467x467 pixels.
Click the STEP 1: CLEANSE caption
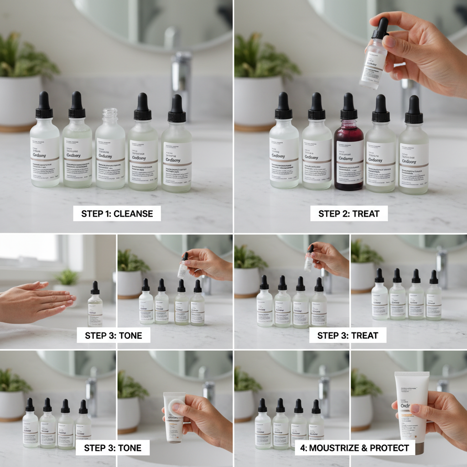[117, 213]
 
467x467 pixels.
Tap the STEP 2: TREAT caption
[349, 213]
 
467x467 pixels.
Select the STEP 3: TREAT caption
[348, 336]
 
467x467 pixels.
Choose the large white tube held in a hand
[411, 406]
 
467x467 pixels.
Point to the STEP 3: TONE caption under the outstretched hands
[113, 336]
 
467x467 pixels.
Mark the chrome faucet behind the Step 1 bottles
[182, 78]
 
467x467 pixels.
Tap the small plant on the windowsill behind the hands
[67, 277]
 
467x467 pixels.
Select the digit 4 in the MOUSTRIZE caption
[303, 448]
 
